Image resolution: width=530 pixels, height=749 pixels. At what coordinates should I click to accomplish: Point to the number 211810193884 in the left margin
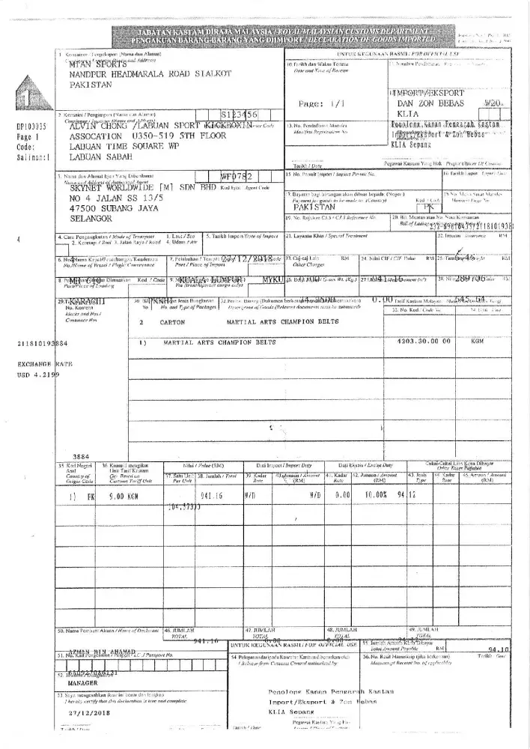(37, 344)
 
